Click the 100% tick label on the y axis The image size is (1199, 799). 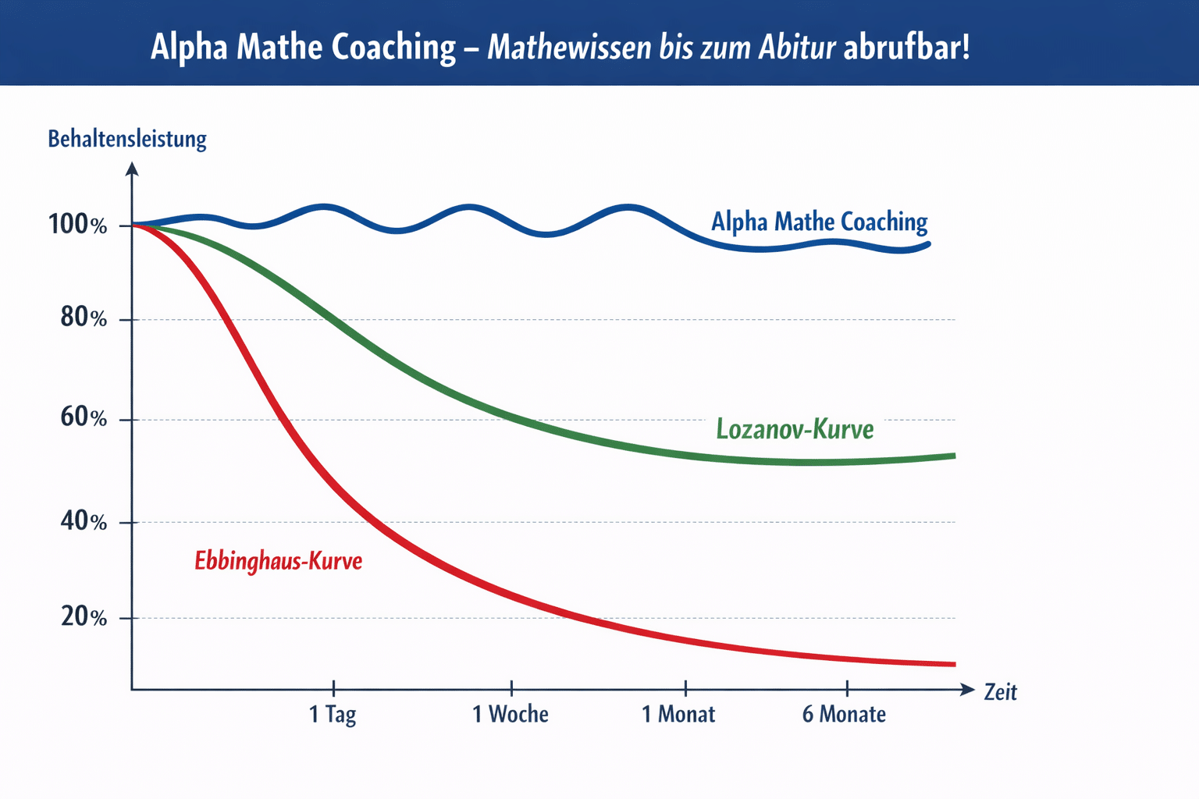click(77, 225)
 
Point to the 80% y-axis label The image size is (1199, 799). click(84, 318)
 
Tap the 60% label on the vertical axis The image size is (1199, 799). click(84, 417)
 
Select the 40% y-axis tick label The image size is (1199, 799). click(84, 520)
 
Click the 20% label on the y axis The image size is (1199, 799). click(84, 616)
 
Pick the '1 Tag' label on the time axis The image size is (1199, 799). click(333, 714)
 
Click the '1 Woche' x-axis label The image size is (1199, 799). click(511, 714)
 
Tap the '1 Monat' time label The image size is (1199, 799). click(678, 714)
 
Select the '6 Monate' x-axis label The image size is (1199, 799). click(844, 714)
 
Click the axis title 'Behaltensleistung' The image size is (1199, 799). click(127, 139)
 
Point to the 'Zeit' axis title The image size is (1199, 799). click(1000, 692)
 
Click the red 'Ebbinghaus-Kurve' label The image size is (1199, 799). click(278, 561)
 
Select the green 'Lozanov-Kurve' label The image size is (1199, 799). click(795, 429)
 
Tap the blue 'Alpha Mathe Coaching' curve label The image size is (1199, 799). click(819, 222)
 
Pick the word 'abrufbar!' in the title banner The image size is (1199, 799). click(906, 48)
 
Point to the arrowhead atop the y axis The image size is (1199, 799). click(132, 169)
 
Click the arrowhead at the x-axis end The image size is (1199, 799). click(968, 690)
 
